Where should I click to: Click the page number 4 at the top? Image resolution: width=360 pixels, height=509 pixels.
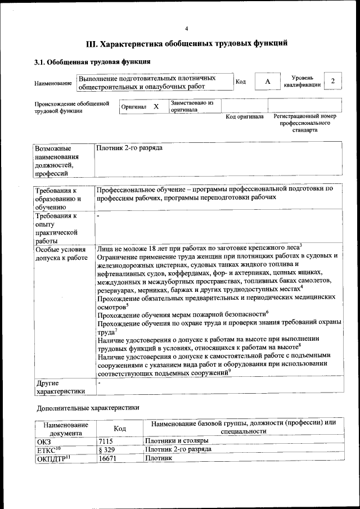pyautogui.click(x=187, y=29)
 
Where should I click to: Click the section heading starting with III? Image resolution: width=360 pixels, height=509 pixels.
pyautogui.click(x=186, y=43)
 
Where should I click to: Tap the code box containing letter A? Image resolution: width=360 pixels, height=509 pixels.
pyautogui.click(x=268, y=82)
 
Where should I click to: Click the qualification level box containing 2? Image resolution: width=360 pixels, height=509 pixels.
pyautogui.click(x=333, y=82)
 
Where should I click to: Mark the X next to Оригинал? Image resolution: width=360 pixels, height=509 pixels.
pyautogui.click(x=156, y=106)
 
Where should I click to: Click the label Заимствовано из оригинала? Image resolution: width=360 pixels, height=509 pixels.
pyautogui.click(x=192, y=106)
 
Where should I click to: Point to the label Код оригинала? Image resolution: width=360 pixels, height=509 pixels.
pyautogui.click(x=245, y=116)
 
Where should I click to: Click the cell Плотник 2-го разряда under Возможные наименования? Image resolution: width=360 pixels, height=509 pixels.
pyautogui.click(x=130, y=148)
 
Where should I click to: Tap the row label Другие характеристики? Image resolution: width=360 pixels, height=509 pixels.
pyautogui.click(x=60, y=387)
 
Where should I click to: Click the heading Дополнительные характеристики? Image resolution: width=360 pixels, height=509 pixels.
pyautogui.click(x=88, y=407)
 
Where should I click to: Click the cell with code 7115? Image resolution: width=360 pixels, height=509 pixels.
pyautogui.click(x=106, y=440)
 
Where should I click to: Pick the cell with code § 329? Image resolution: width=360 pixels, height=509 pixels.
pyautogui.click(x=107, y=449)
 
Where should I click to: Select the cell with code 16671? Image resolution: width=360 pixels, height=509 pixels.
pyautogui.click(x=107, y=459)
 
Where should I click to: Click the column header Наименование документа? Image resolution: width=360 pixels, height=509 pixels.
pyautogui.click(x=65, y=429)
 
